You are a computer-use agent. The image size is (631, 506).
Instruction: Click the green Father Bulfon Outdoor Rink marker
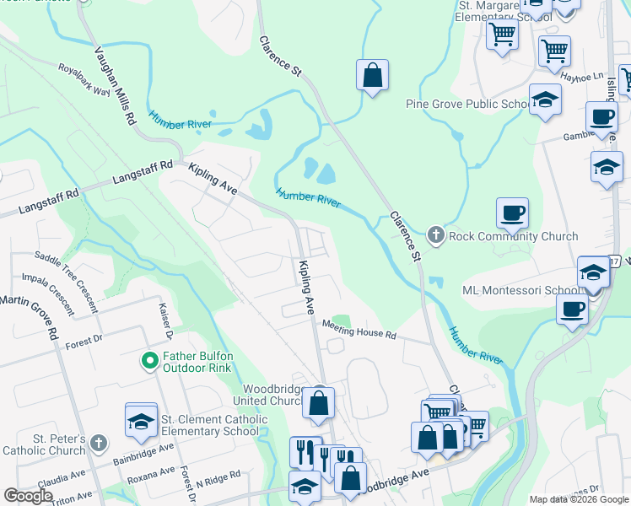pyautogui.click(x=149, y=362)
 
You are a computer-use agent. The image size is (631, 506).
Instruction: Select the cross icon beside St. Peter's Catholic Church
pyautogui.click(x=99, y=443)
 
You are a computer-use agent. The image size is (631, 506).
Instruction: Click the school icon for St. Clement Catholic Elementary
pyautogui.click(x=141, y=422)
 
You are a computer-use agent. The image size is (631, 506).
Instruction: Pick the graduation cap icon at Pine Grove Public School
pyautogui.click(x=545, y=101)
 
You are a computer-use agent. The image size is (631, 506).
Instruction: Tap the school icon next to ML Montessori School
pyautogui.click(x=593, y=274)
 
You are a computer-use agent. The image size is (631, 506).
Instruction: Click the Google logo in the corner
pyautogui.click(x=28, y=496)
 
